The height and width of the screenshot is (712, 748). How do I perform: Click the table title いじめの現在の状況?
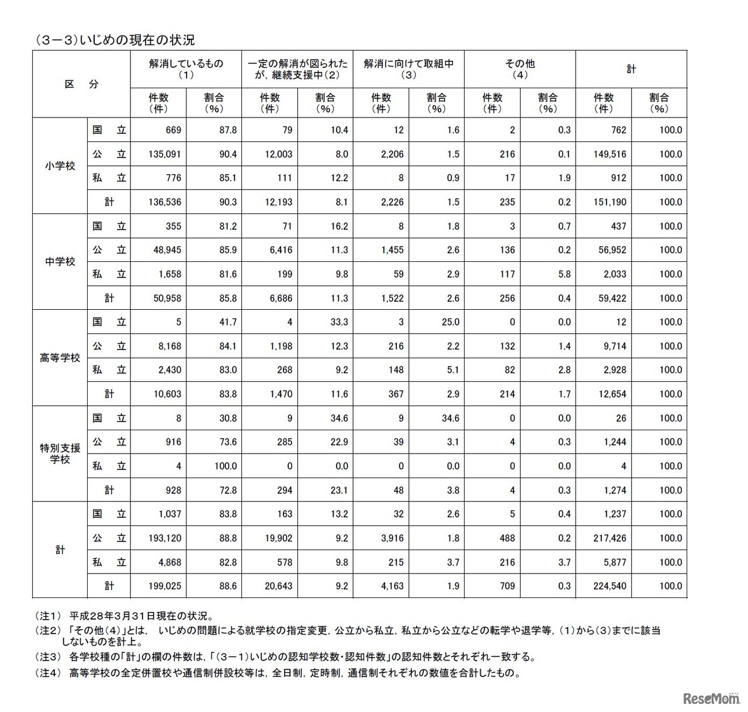[115, 40]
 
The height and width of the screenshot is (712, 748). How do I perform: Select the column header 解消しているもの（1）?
[186, 69]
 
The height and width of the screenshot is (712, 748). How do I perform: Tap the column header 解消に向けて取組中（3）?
[408, 69]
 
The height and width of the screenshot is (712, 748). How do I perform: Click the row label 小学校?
[60, 166]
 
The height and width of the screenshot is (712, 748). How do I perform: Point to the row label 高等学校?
[60, 358]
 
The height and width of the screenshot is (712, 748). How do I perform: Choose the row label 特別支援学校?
[60, 454]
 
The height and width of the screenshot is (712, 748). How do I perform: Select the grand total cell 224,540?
[610, 586]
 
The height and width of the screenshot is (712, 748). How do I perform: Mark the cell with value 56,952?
[610, 250]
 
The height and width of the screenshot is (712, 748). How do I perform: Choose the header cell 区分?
[81, 84]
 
